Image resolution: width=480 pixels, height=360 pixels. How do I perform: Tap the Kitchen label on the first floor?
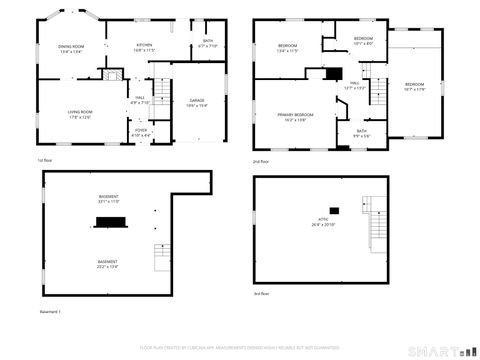[145, 46]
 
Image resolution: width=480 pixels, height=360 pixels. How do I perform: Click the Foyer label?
[140, 132]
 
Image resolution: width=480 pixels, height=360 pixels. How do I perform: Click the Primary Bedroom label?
[295, 117]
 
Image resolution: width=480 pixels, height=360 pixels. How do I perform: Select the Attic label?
[323, 223]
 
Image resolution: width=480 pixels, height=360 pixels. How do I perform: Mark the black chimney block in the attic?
[334, 209]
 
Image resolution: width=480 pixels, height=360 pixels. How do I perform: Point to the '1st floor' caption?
[44, 160]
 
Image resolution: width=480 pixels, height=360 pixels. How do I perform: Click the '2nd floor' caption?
[260, 160]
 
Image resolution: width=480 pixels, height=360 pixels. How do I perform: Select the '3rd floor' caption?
[260, 294]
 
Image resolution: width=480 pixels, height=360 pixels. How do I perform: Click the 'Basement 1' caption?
[50, 312]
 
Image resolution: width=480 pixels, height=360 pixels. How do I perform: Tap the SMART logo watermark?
[439, 351]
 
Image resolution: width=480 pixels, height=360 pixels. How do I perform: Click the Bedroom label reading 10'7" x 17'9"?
[414, 86]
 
